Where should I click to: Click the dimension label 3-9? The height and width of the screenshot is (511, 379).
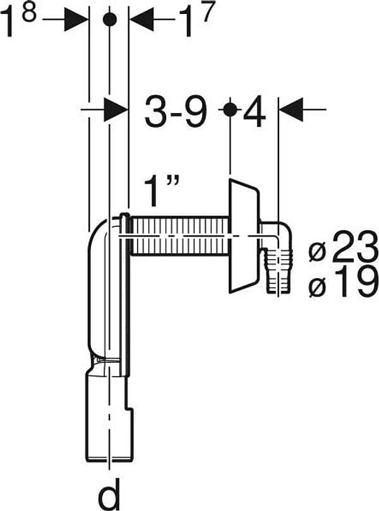176,112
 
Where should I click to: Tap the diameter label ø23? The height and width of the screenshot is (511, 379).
344,247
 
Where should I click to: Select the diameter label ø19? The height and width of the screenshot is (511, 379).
342,281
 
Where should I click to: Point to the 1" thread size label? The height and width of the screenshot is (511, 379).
162,192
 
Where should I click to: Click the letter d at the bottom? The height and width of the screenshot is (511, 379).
109,495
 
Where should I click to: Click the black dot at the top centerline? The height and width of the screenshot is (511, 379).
109,20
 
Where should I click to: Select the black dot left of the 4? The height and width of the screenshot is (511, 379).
230,110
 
